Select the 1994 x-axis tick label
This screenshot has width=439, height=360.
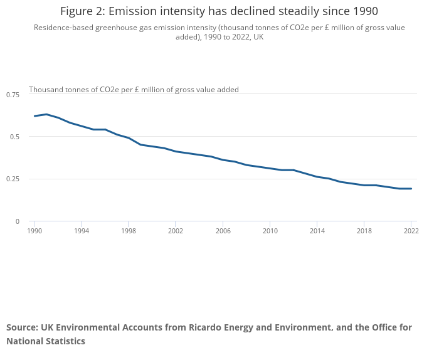point(81,231)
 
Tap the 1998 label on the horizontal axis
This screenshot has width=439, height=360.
point(128,231)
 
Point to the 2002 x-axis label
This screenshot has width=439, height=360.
point(175,231)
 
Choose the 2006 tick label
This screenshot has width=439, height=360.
point(223,231)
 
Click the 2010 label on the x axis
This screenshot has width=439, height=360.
point(270,231)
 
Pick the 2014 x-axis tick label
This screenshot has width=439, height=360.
point(317,231)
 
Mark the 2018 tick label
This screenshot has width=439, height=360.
point(364,231)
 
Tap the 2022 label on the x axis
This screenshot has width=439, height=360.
point(411,231)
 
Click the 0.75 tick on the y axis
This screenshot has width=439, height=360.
point(13,95)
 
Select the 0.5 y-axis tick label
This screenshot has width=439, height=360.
point(15,137)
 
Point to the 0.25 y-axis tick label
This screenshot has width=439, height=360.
point(13,179)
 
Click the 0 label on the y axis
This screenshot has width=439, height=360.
point(18,221)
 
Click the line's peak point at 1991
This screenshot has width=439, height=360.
point(46,114)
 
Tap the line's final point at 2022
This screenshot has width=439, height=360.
point(411,189)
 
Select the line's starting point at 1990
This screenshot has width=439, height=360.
point(34,116)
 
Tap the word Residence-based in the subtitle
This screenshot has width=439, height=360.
point(64,28)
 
